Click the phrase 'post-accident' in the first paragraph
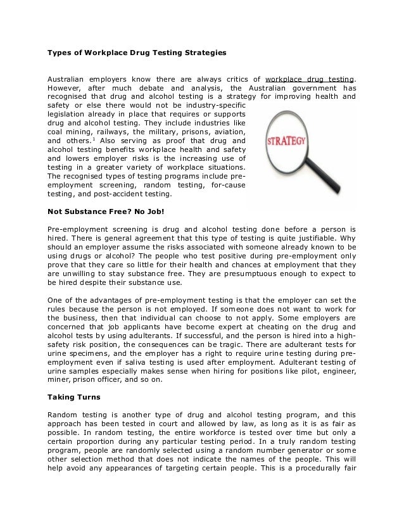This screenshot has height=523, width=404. tap(104, 194)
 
